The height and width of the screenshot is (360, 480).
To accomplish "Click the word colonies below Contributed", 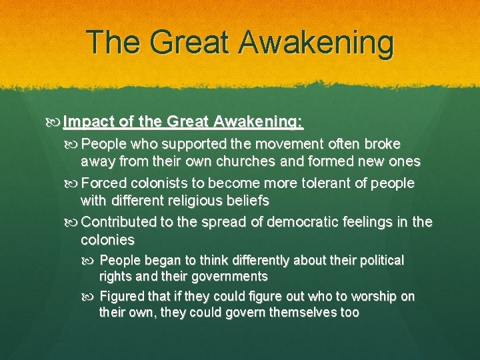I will [107, 239].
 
